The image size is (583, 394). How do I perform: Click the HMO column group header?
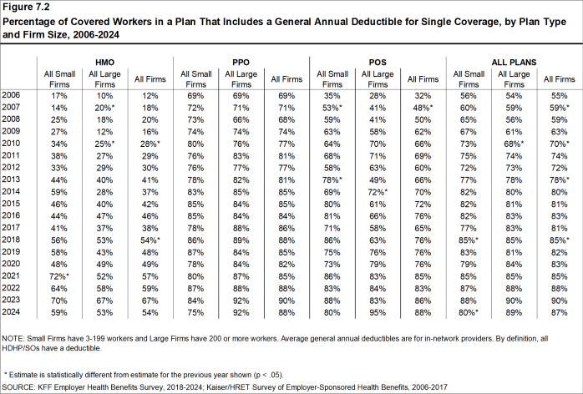(104, 62)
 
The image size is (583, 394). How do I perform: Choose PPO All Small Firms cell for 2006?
(195, 97)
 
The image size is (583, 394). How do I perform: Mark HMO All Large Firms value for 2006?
(104, 97)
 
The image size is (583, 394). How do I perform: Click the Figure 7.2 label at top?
(28, 8)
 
